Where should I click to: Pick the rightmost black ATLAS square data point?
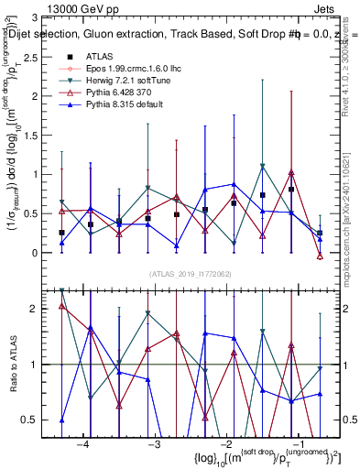click(x=320, y=234)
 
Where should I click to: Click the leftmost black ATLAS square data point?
click(x=61, y=233)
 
